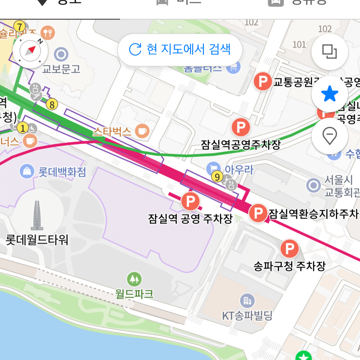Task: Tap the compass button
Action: point(30,51)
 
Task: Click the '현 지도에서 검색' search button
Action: point(180,49)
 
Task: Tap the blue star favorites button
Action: point(329,94)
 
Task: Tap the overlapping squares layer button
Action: point(329,52)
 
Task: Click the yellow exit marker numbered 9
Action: point(217,177)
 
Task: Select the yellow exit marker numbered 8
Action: point(52,105)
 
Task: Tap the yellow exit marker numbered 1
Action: point(23,128)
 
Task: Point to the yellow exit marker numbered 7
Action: point(20,27)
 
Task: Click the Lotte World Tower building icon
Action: point(37,215)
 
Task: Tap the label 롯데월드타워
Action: point(37,240)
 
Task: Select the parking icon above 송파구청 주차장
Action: point(289,249)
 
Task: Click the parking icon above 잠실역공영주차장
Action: point(241,127)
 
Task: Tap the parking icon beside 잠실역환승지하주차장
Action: point(258,213)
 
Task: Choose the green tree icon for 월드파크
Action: point(134,279)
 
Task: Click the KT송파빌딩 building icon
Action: point(247,301)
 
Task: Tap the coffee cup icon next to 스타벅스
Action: point(142,131)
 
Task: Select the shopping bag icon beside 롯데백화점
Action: point(27,171)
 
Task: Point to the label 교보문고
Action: point(61,69)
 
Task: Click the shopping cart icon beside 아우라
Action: point(213,169)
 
